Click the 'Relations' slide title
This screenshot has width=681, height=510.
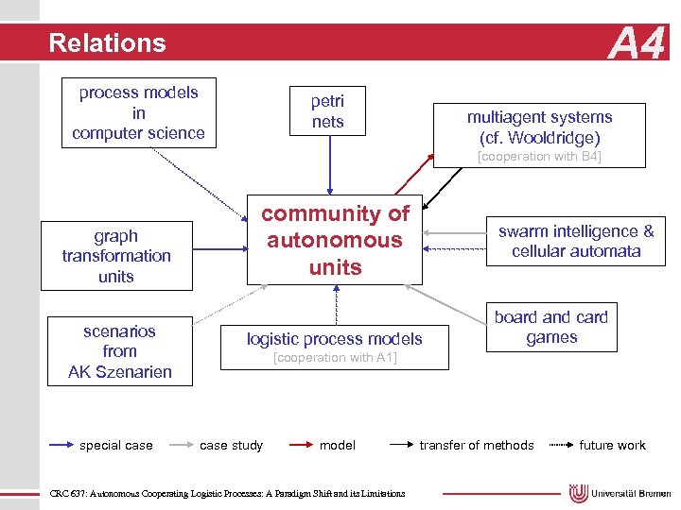click(x=107, y=43)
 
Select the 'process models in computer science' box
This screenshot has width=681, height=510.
click(x=138, y=113)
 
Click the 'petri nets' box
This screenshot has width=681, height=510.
click(x=328, y=111)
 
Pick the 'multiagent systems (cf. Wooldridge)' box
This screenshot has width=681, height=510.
click(x=539, y=127)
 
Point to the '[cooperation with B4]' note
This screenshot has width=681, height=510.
click(x=539, y=157)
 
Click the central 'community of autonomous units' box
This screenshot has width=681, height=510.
click(x=336, y=241)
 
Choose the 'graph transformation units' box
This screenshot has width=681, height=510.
click(x=116, y=256)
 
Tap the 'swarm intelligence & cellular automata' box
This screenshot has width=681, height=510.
click(x=576, y=242)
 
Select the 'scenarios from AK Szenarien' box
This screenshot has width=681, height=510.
click(x=119, y=351)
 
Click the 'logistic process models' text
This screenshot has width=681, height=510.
click(x=335, y=338)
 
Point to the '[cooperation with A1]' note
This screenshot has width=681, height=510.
click(x=335, y=358)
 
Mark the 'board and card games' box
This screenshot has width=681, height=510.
click(x=551, y=328)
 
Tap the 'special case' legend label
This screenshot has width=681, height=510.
click(x=116, y=445)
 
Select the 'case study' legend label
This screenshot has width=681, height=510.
click(x=232, y=445)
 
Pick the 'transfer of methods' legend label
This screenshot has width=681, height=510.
click(x=477, y=445)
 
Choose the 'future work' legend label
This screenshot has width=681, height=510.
click(x=613, y=445)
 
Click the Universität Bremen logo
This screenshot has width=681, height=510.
click(x=619, y=493)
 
